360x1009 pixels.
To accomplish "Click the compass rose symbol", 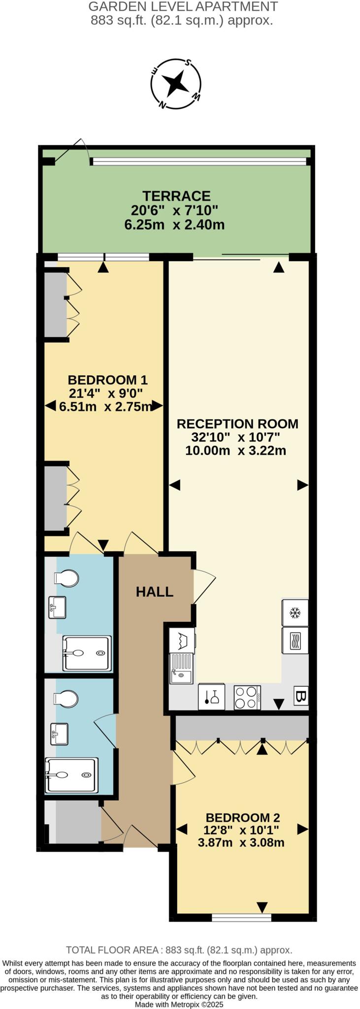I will click(176, 83).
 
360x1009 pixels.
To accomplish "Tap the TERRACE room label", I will click(176, 196).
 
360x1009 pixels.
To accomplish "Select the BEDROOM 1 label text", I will click(107, 380).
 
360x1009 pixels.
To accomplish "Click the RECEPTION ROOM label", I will click(237, 424).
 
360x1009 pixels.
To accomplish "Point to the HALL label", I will click(155, 592).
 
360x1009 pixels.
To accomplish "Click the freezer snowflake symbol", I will click(295, 613).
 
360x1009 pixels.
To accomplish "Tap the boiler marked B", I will click(301, 697).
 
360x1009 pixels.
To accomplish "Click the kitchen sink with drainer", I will click(181, 669).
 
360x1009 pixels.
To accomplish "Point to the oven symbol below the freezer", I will click(295, 640).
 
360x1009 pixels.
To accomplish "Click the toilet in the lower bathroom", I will click(66, 698).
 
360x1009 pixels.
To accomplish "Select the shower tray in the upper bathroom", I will click(87, 653).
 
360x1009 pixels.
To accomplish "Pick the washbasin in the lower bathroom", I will click(59, 734).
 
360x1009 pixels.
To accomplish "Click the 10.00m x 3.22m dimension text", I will click(235, 450).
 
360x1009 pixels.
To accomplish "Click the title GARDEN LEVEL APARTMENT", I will click(183, 7).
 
